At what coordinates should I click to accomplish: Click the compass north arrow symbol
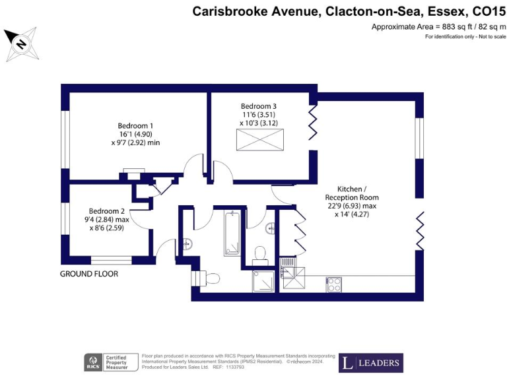click(21, 44)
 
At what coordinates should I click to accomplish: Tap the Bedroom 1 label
click(135, 126)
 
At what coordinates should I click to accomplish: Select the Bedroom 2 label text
click(106, 211)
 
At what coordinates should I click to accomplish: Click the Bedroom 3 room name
click(258, 106)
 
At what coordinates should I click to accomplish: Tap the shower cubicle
click(265, 280)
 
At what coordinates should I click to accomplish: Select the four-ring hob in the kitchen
click(334, 284)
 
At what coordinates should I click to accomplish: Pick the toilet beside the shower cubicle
click(259, 253)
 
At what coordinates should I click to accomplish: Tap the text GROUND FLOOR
click(89, 274)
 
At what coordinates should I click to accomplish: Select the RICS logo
click(92, 362)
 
